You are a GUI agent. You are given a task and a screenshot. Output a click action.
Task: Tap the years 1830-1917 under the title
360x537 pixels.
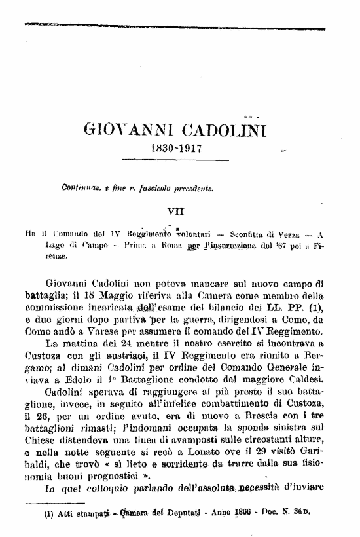[x=176, y=148]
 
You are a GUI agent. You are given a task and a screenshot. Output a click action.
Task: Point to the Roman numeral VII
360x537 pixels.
[x=176, y=211]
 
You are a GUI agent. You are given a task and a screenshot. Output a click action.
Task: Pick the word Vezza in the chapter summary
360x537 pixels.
[x=284, y=234]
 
